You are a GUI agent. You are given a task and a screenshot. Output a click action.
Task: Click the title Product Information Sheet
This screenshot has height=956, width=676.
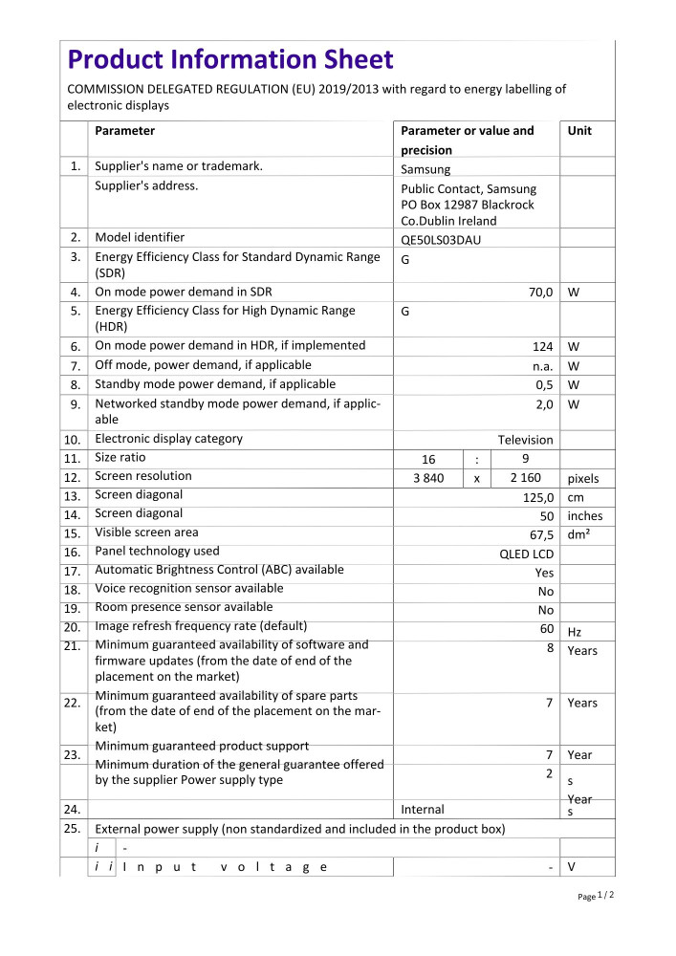(229, 60)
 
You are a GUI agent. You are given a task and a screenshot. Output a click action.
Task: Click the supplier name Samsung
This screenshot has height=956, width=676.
(425, 169)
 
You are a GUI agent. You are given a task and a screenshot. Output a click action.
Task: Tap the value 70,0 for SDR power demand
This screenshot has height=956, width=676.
(540, 292)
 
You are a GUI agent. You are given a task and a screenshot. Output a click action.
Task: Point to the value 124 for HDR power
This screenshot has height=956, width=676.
(543, 347)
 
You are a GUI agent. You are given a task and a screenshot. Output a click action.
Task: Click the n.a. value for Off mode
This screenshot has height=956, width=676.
(543, 366)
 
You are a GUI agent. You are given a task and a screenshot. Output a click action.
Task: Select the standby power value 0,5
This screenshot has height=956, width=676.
(544, 385)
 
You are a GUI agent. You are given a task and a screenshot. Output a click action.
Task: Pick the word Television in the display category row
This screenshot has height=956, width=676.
(525, 440)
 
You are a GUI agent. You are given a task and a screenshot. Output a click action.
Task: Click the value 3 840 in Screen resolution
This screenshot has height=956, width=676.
(427, 478)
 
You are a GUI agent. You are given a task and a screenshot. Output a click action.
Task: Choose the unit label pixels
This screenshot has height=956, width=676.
(585, 479)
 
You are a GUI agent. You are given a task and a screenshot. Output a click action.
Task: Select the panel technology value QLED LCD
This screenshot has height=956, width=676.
(527, 554)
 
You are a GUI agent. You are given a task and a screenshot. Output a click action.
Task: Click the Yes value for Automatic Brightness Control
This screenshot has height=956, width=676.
(544, 573)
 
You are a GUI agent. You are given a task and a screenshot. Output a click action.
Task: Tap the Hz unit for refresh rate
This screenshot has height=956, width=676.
(575, 632)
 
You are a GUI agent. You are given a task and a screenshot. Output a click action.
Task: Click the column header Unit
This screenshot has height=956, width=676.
(579, 131)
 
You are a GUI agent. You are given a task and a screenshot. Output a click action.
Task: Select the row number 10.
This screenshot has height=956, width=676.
(73, 441)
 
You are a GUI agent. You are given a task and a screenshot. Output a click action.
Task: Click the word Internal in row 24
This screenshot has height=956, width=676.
(423, 810)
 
